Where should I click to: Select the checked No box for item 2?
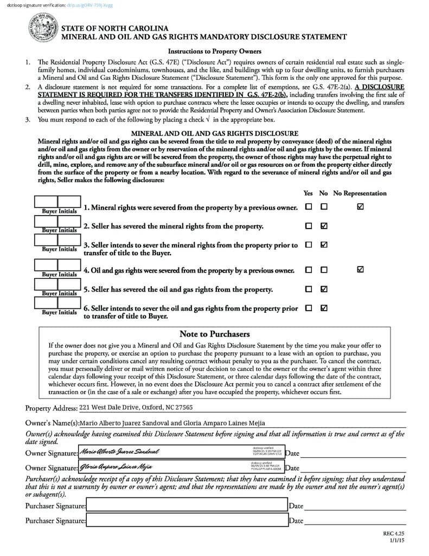click(x=324, y=225)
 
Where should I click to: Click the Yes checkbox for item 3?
click(x=309, y=245)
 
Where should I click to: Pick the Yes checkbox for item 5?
click(x=309, y=289)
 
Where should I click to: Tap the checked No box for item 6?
click(x=324, y=308)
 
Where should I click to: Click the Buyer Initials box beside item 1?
click(x=57, y=203)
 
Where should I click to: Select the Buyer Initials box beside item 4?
click(x=57, y=266)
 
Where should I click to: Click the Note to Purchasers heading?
click(x=214, y=334)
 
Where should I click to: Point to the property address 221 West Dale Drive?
click(x=136, y=407)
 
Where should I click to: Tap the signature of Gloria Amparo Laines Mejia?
click(x=117, y=466)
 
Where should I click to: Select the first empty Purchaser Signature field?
click(x=187, y=506)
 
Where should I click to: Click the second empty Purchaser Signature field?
click(x=187, y=520)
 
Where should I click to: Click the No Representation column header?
click(x=360, y=193)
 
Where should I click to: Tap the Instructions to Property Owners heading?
click(x=214, y=52)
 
